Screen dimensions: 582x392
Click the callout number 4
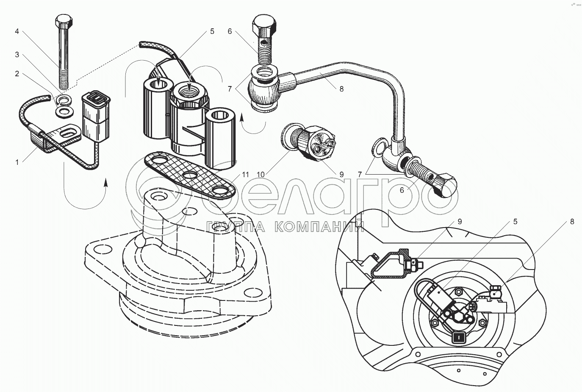[17, 31]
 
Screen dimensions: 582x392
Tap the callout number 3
[17, 54]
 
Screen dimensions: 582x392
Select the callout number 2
[17, 74]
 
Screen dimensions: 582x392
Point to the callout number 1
[17, 162]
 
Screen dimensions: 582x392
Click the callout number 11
[246, 174]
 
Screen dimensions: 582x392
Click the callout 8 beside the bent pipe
[341, 89]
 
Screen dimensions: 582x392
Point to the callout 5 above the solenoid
[212, 31]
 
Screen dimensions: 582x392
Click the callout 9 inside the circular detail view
[459, 222]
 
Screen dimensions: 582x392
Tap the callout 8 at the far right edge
[572, 222]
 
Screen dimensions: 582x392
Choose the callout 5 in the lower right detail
[515, 222]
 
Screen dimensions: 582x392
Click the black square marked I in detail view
[458, 337]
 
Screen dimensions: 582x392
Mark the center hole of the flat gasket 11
[188, 175]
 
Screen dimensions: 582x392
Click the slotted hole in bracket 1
[70, 134]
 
